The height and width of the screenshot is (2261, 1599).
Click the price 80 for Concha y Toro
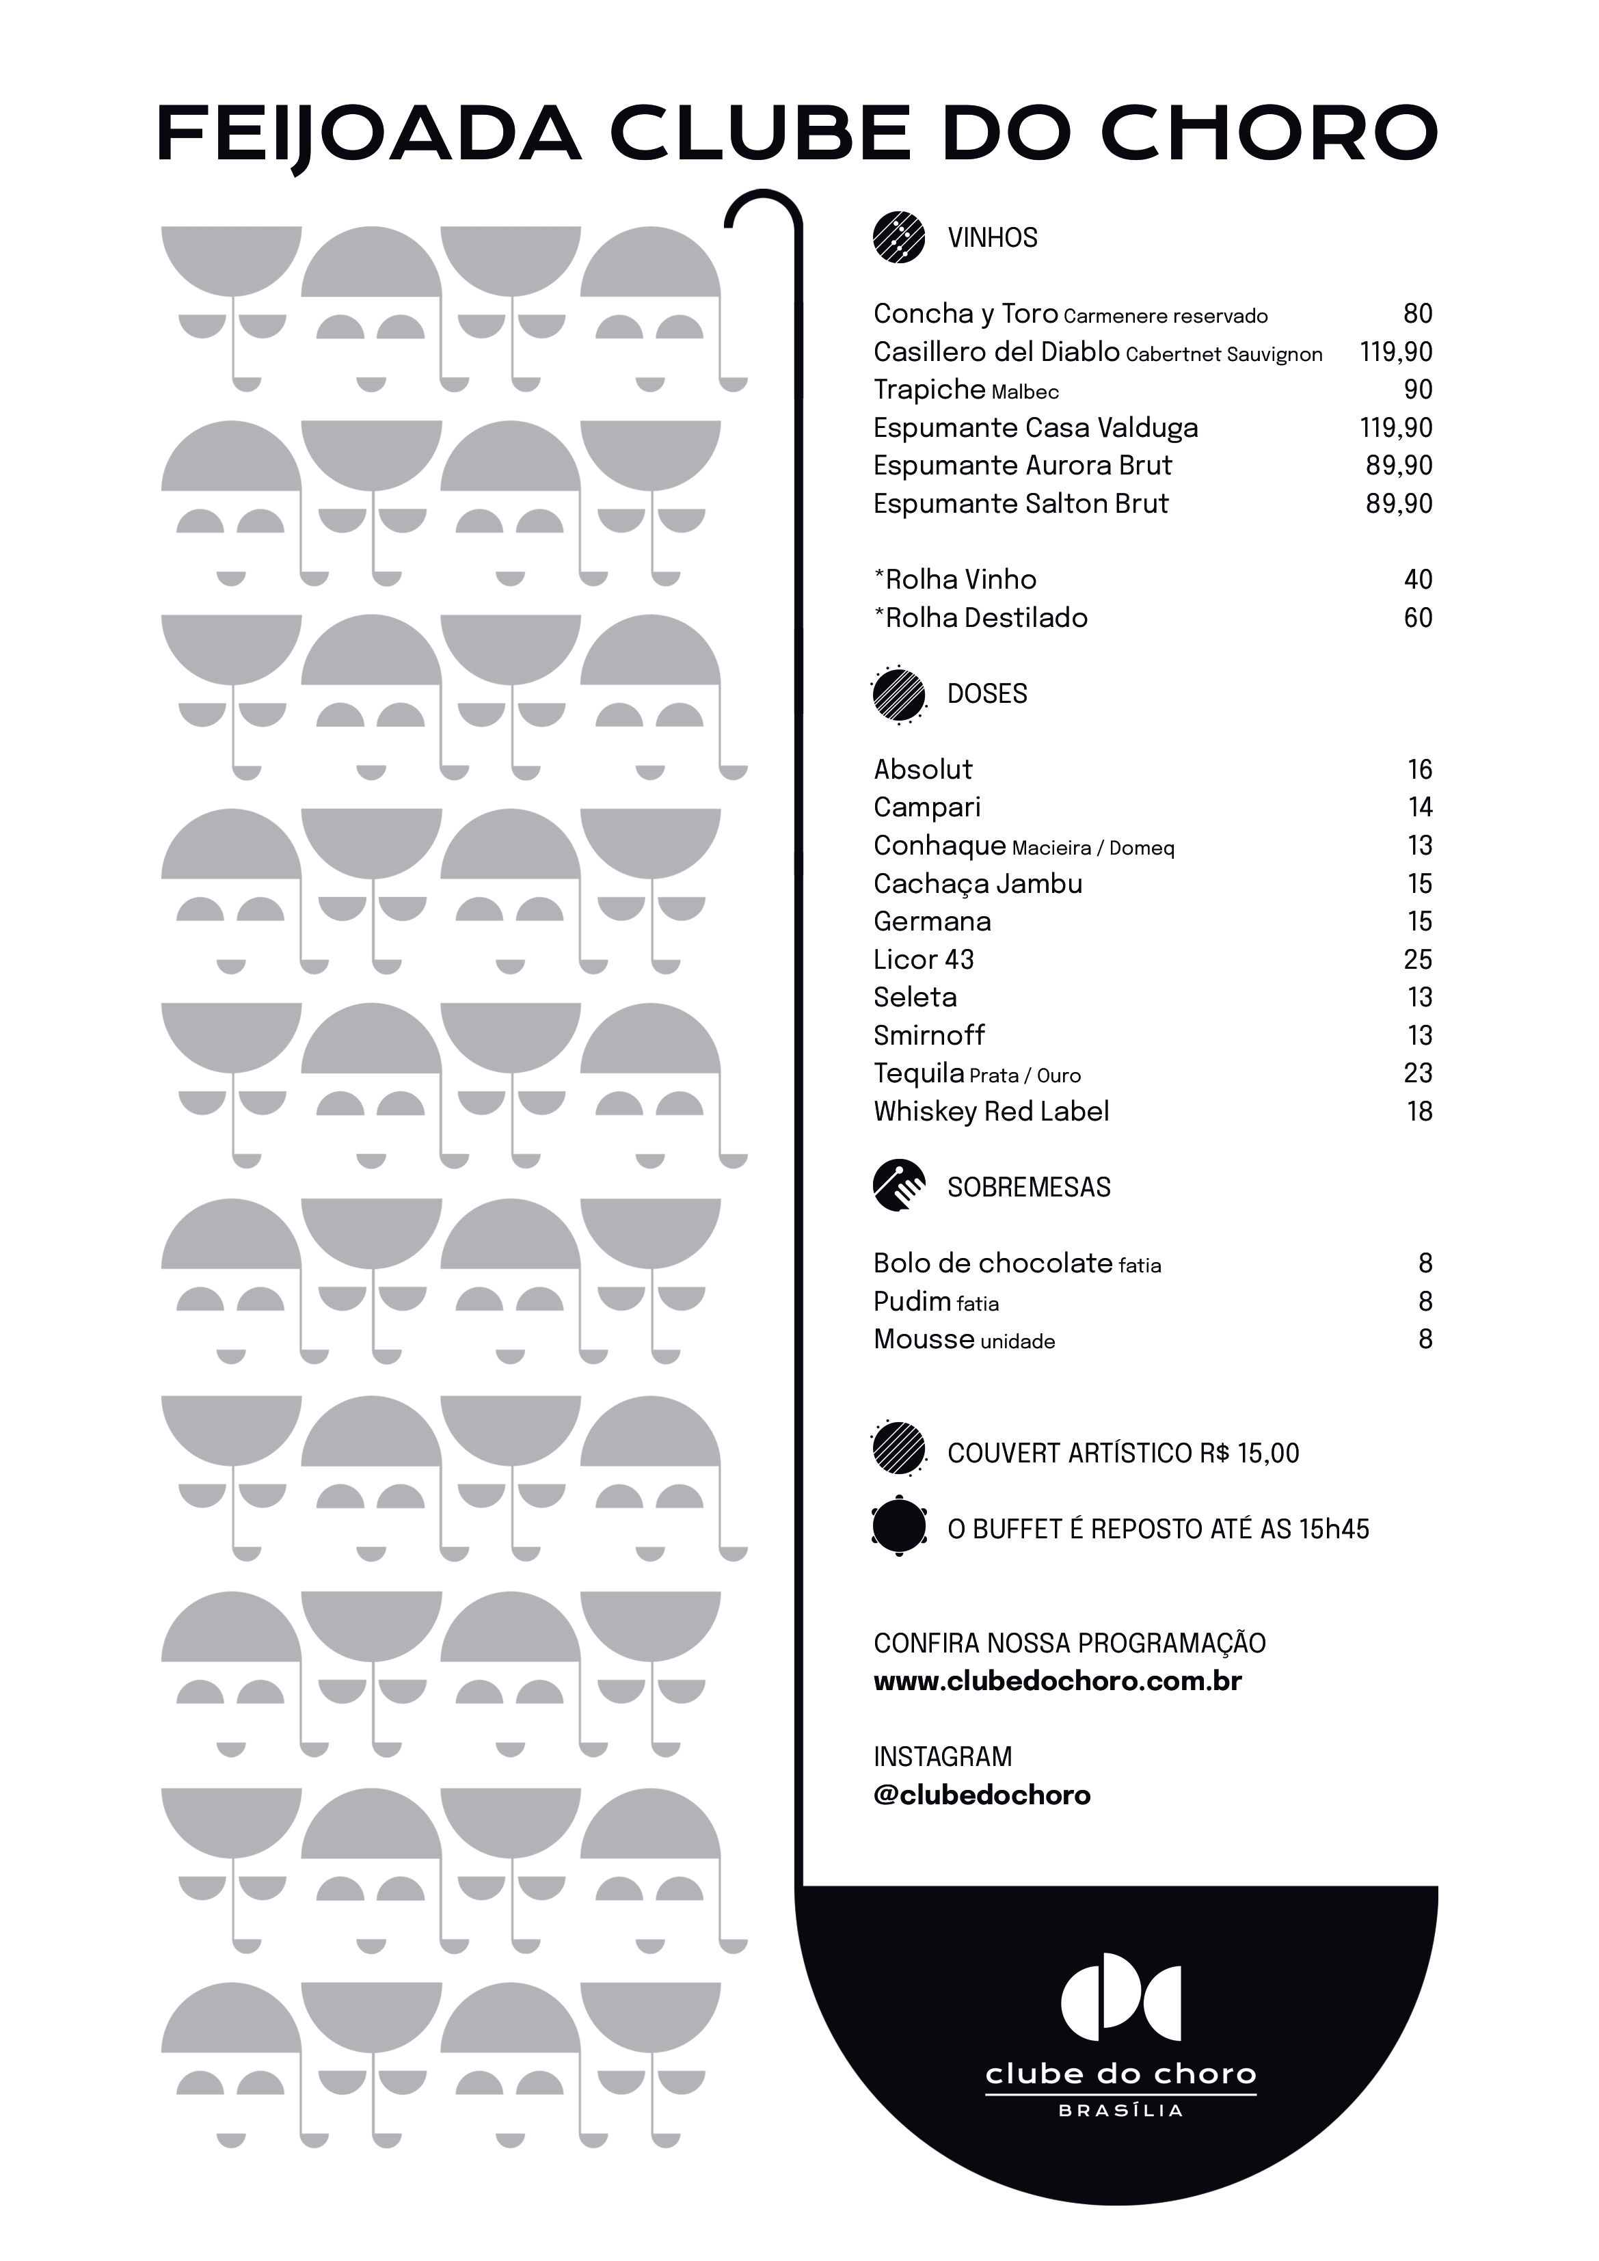1417,314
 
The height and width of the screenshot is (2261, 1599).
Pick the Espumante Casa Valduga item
1035,429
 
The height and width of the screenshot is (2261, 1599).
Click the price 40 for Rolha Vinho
1417,580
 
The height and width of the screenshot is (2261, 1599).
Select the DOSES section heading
986,694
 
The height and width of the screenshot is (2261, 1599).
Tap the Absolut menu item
923,769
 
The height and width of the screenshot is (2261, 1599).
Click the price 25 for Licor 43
1417,959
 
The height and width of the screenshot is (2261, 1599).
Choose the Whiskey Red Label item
991,1112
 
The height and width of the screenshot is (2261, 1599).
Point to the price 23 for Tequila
1417,1073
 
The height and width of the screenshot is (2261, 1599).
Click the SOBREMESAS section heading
1028,1188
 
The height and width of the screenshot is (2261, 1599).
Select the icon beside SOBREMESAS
899,1187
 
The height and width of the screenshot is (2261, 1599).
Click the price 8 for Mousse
1425,1339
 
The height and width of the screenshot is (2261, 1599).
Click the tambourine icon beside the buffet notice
899,1527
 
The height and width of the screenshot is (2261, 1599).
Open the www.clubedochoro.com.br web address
1056,1681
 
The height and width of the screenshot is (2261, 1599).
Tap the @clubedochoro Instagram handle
982,1795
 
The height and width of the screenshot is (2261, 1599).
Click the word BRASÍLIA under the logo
1120,2111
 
